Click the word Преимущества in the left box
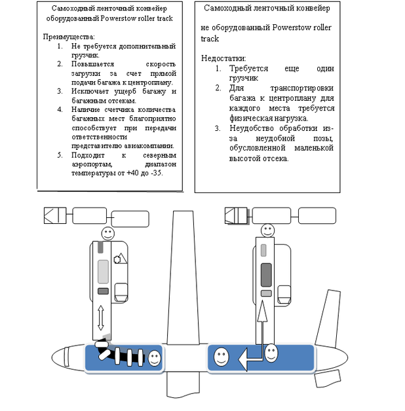tap(69, 37)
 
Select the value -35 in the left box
tap(156, 173)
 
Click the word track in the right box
tap(210, 39)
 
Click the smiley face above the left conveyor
tap(107, 233)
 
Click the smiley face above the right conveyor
tap(267, 230)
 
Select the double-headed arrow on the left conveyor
tap(101, 317)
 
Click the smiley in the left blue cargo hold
tap(155, 358)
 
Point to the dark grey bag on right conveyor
tap(266, 274)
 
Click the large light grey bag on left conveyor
tap(103, 270)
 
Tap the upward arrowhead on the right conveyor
tap(262, 315)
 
